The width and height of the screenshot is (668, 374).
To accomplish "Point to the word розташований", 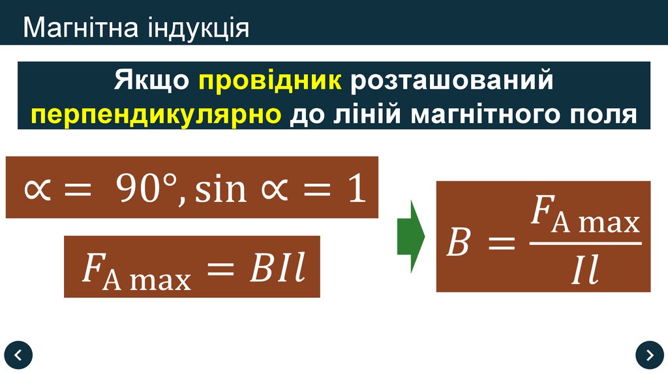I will (452, 81).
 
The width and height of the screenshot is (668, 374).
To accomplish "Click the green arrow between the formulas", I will (411, 237).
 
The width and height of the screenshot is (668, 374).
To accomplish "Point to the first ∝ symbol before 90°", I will (37, 190).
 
